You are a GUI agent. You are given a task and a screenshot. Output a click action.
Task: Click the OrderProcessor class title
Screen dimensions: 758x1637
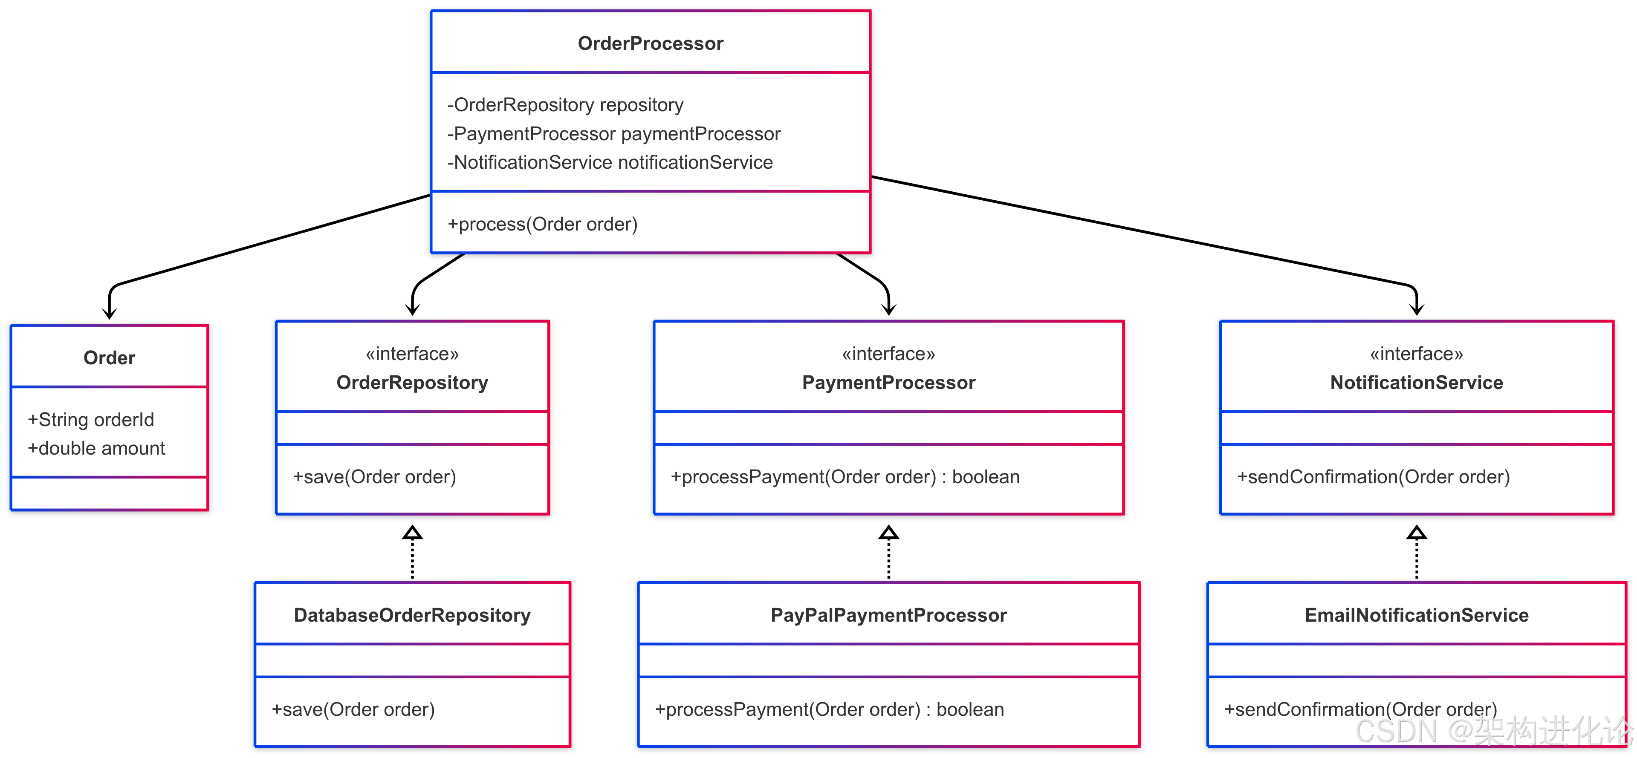click(650, 43)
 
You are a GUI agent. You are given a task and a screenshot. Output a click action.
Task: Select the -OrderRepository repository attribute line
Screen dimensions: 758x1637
click(565, 105)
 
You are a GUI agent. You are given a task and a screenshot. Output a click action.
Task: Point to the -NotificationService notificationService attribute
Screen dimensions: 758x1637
click(610, 163)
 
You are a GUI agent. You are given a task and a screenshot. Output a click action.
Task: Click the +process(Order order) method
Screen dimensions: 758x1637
click(542, 224)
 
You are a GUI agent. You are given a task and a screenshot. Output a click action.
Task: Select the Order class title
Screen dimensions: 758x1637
click(109, 358)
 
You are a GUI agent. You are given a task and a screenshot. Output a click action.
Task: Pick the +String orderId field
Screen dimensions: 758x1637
click(91, 419)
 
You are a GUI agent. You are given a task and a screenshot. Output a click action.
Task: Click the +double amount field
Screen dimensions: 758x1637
click(96, 449)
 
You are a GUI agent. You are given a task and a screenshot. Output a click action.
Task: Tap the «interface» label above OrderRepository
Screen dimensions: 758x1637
click(412, 354)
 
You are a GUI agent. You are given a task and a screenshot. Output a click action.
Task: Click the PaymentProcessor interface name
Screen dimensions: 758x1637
click(888, 383)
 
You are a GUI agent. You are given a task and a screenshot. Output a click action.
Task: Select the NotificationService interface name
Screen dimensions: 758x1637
click(1417, 383)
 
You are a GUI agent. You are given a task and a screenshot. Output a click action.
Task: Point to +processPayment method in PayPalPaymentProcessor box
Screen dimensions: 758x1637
click(829, 710)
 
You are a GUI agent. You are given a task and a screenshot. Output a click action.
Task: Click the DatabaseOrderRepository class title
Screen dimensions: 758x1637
click(412, 615)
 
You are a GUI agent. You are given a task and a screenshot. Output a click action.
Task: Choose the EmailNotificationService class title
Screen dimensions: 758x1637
click(1417, 615)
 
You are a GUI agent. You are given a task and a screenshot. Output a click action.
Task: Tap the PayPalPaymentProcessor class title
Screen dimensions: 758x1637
click(888, 615)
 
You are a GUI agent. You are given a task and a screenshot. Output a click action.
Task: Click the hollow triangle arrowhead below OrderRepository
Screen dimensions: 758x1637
click(412, 533)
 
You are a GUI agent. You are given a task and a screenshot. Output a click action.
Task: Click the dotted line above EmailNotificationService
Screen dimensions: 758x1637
click(1417, 559)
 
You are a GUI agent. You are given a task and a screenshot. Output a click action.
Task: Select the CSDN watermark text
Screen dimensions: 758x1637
click(1493, 731)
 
